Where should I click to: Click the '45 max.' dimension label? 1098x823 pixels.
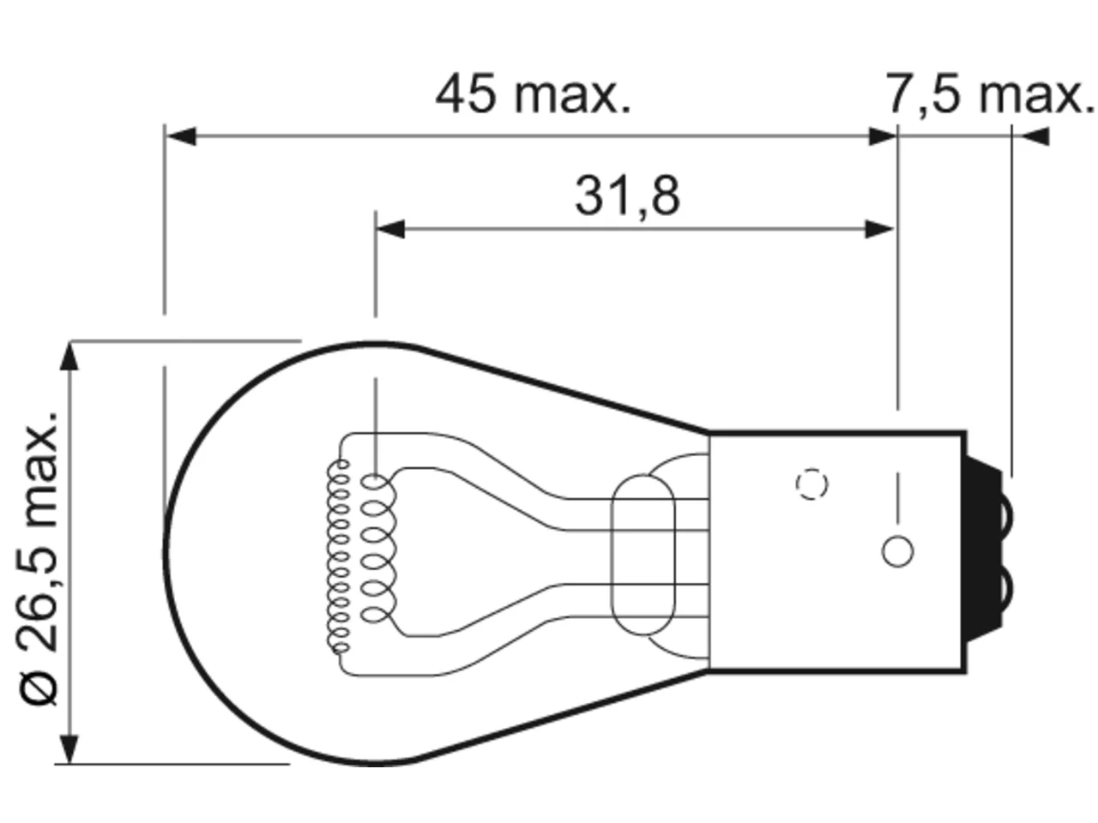tap(534, 94)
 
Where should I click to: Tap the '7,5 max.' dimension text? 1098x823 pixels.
tap(990, 94)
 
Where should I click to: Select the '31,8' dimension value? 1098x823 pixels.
tap(627, 195)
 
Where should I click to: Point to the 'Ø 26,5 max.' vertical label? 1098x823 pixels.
tap(38, 558)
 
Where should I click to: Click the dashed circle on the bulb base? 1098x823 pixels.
tap(811, 484)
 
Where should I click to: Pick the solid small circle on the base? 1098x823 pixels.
tap(897, 551)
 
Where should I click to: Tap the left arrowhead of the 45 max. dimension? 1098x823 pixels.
tap(181, 136)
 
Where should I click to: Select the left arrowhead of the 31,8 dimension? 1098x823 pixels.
tap(390, 229)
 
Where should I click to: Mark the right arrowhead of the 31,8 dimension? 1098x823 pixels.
tap(879, 229)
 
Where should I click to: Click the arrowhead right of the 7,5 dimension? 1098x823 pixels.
tap(1035, 136)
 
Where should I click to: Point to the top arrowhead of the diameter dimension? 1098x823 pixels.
tap(69, 357)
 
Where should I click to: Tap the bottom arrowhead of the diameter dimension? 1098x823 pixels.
tap(69, 749)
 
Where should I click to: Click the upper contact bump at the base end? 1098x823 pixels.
tap(1006, 514)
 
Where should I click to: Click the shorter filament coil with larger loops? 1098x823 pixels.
tap(378, 549)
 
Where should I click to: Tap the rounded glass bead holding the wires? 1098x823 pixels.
tap(643, 555)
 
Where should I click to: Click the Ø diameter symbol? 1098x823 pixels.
tap(38, 688)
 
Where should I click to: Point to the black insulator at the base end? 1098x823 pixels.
tap(985, 549)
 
